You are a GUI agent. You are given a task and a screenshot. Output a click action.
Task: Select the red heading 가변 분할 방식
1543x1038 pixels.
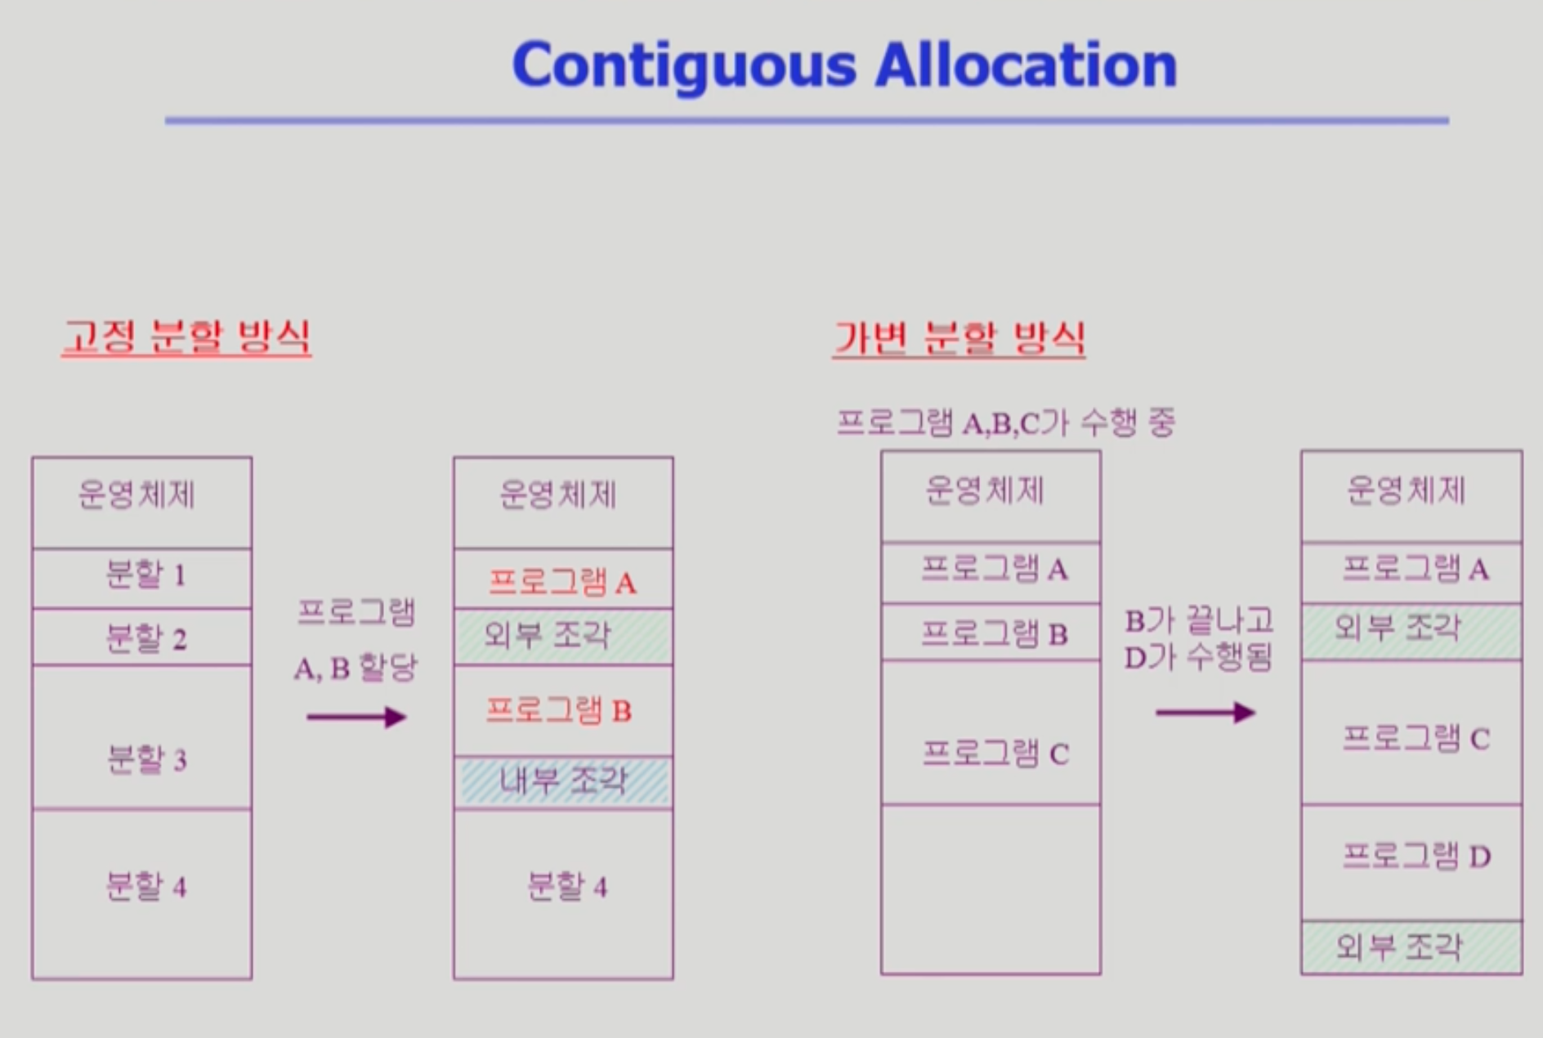[959, 338]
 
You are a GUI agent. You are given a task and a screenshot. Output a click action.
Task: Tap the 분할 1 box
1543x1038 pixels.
[142, 577]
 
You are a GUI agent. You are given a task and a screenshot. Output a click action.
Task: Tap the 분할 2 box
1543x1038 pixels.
[142, 637]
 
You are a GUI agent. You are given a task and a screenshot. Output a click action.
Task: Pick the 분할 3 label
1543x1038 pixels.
[146, 759]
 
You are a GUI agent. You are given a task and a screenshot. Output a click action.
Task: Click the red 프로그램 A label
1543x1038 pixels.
[562, 582]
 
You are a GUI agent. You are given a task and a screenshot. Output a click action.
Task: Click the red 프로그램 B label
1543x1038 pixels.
[559, 710]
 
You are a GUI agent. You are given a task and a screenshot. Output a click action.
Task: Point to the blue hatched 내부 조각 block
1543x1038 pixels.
[563, 781]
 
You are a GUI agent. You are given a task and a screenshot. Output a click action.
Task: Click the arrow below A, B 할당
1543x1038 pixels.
[356, 718]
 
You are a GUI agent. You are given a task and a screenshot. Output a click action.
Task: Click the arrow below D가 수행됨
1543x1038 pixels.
[1205, 713]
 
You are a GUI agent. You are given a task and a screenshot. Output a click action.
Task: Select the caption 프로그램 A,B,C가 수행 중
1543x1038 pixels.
[1004, 423]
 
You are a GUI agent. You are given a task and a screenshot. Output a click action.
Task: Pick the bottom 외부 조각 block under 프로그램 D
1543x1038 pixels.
[1411, 946]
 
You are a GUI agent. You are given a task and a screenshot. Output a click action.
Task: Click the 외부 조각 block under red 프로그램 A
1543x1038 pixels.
[563, 635]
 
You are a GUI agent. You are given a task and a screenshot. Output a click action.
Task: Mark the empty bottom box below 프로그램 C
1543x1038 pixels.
[991, 888]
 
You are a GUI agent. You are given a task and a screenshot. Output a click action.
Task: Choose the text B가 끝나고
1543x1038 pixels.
[1199, 621]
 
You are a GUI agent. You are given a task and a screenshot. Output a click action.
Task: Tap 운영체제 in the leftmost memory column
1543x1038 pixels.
[136, 495]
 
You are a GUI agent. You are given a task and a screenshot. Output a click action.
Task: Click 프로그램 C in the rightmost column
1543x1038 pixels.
[1416, 738]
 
